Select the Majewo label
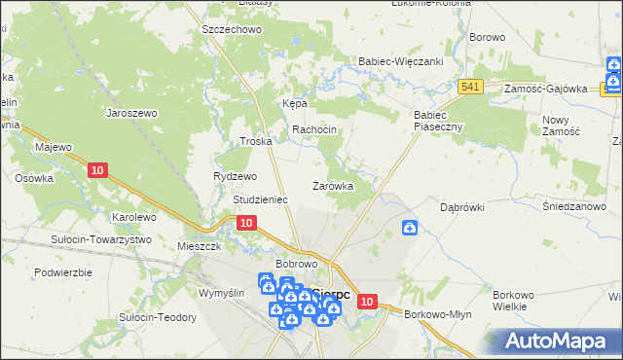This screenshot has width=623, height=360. pos(55,147)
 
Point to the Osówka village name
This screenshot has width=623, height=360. pos(33,178)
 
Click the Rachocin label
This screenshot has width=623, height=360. pos(314,129)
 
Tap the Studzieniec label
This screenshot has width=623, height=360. pos(260,198)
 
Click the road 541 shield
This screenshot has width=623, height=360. pos(472,88)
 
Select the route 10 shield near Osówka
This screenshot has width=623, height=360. pos(96,170)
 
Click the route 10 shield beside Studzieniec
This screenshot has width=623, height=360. pos(246,223)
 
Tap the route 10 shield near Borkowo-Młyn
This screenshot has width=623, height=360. pos(366,302)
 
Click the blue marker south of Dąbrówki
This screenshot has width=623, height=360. pos(411,228)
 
